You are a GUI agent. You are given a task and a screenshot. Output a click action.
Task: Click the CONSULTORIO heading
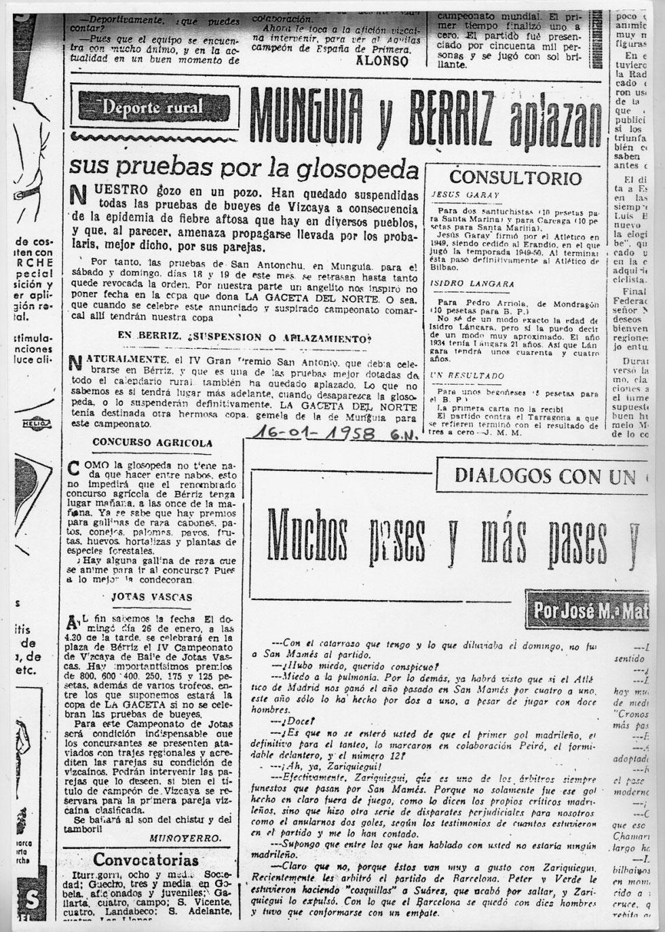(516, 179)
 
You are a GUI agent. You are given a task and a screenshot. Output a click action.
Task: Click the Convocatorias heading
(146, 859)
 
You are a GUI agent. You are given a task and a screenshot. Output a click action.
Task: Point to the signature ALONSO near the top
(383, 60)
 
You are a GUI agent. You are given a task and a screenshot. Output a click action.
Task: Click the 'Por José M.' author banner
(586, 609)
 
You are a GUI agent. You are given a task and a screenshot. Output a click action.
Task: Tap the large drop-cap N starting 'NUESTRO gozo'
(79, 194)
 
